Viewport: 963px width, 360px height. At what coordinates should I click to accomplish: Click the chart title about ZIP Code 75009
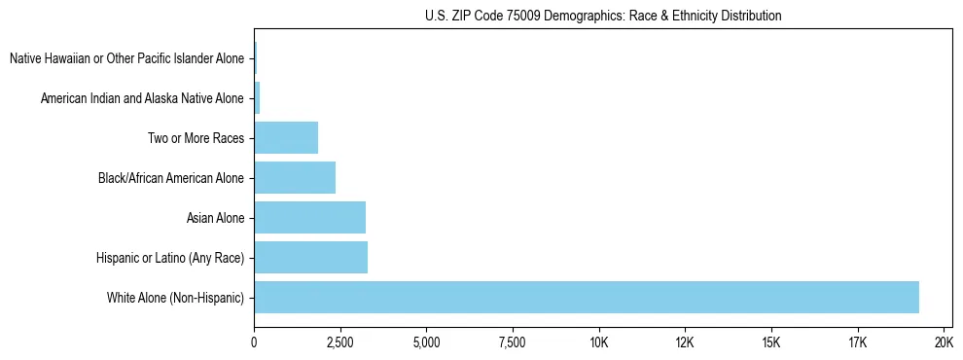603,17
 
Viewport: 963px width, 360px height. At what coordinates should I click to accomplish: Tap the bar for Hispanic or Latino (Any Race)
310,257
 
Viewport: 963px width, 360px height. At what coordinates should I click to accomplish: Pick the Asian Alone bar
309,217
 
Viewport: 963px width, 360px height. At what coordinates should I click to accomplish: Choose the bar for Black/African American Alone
295,177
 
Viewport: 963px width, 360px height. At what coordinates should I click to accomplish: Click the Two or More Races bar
286,137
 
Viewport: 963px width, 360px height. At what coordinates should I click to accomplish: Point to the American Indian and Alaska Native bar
257,97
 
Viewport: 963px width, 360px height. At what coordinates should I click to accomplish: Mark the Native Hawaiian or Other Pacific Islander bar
256,58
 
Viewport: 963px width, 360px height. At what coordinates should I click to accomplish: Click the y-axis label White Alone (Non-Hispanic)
176,298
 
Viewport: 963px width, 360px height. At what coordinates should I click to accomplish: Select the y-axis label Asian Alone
215,218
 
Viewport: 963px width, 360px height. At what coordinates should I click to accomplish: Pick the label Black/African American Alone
171,178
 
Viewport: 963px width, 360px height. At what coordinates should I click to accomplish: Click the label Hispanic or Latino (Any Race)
170,258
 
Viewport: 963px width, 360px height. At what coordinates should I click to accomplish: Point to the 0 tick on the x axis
254,342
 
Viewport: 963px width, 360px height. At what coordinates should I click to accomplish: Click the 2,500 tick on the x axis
339,342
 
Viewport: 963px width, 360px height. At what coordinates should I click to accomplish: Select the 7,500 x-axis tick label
512,342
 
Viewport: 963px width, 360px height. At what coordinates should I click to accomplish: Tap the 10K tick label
598,342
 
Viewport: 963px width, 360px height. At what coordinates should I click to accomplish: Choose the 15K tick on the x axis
770,342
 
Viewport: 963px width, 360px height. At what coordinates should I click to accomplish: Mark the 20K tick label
943,342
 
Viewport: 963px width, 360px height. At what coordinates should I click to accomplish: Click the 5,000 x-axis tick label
426,342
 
